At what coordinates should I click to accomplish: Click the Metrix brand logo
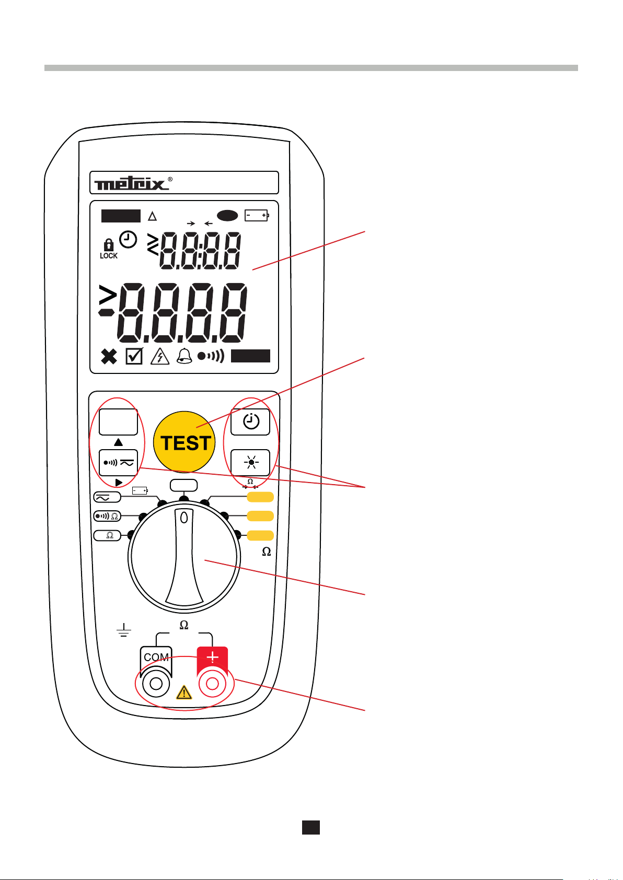(132, 183)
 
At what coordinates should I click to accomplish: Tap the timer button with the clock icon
(250, 422)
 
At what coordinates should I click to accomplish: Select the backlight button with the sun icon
(250, 462)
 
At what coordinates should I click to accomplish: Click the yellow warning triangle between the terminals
(184, 693)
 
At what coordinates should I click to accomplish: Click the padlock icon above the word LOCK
(108, 244)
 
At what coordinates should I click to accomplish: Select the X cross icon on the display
(109, 357)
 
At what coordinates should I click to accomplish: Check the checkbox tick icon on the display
(134, 357)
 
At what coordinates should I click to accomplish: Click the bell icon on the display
(184, 357)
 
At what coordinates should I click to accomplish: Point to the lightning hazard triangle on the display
(159, 357)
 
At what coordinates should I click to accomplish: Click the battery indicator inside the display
(256, 215)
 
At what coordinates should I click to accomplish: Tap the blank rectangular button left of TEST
(118, 422)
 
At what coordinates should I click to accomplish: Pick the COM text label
(156, 658)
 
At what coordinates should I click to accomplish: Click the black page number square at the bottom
(311, 827)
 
